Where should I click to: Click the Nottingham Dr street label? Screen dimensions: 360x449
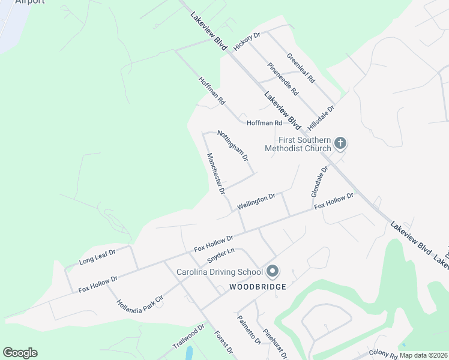tap(232, 146)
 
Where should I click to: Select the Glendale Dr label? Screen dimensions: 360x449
tap(319, 181)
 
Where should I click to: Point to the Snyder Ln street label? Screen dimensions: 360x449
tap(220, 256)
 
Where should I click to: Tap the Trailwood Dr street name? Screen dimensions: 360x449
tap(188, 337)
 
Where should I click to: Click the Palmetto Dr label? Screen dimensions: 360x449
tap(249, 330)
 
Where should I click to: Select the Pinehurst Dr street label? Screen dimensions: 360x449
tap(276, 340)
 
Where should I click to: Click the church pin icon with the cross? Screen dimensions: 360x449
tap(340, 143)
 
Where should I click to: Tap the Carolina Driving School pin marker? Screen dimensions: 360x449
tap(272, 272)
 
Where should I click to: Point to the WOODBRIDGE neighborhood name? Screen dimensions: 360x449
tap(258, 287)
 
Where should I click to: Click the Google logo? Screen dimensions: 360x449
tap(20, 353)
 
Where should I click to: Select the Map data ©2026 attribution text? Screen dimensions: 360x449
tap(423, 355)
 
